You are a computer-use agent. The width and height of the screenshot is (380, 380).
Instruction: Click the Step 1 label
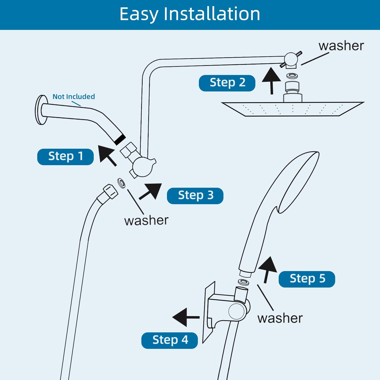[65, 157]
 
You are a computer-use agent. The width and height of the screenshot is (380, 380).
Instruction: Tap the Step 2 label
[227, 83]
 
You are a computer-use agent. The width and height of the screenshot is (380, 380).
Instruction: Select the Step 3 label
[195, 196]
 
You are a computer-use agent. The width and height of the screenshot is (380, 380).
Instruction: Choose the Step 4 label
[169, 340]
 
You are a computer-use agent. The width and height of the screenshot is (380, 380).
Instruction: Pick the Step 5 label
[307, 279]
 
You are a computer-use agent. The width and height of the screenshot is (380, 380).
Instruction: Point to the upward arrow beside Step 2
[271, 80]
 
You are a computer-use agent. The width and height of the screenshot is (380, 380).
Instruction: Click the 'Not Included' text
[73, 97]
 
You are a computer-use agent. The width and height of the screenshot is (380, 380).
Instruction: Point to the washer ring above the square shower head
[292, 75]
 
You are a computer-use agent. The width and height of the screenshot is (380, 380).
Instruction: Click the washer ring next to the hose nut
[121, 183]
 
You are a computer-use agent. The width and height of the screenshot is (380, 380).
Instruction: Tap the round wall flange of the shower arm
[41, 110]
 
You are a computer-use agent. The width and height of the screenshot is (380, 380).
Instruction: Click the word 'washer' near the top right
[341, 46]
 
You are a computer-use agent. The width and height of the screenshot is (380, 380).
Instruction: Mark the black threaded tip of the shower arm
[120, 139]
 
